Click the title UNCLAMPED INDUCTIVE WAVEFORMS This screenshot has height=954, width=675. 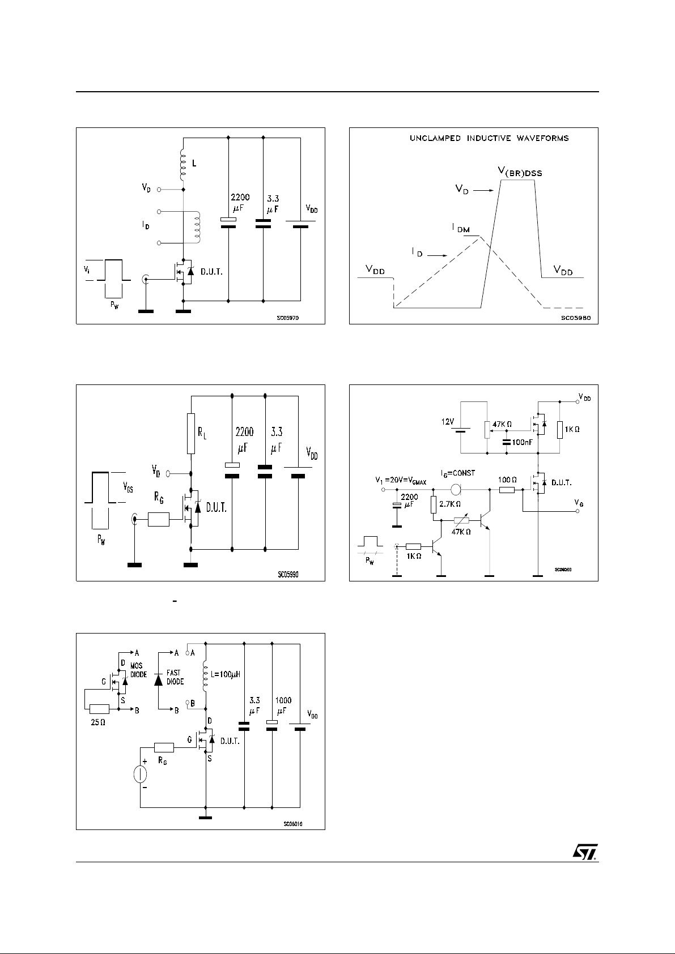[489, 138]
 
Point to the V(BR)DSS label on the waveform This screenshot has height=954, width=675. [516, 173]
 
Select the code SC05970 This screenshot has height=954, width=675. [287, 318]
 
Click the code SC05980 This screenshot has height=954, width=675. [575, 318]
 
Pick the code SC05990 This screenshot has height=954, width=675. [288, 574]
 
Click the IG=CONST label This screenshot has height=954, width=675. [457, 473]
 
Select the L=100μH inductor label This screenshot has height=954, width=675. [227, 674]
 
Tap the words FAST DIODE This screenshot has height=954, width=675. [175, 677]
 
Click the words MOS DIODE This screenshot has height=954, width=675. [138, 671]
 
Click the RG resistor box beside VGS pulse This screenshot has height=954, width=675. [158, 519]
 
